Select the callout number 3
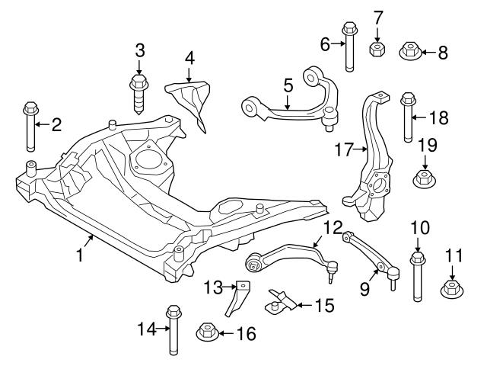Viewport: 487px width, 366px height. (139, 51)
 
